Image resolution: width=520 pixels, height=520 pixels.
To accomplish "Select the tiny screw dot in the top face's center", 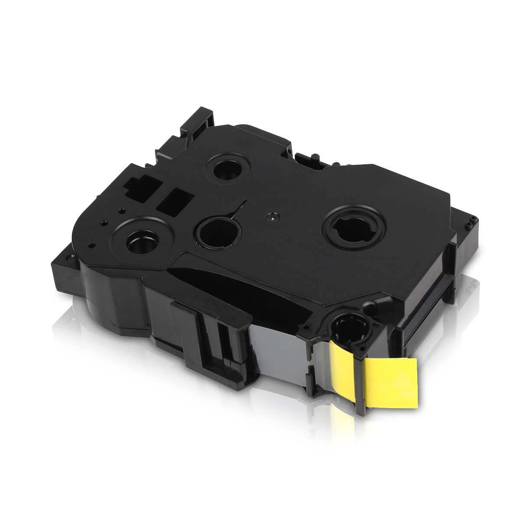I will pyautogui.click(x=272, y=215).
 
